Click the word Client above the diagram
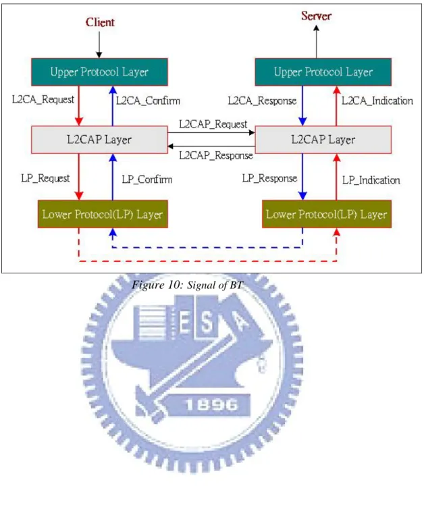100,22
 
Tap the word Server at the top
316,16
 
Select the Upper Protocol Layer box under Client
99,72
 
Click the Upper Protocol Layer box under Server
323,72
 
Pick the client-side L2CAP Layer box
99,140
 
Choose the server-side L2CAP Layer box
323,140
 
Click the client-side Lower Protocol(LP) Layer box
103,214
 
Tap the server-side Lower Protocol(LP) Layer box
327,214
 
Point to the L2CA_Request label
43,100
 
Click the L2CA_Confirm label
148,101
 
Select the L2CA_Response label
262,101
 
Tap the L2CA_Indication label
377,101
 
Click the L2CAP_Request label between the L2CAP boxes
213,124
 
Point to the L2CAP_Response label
216,155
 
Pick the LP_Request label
45,178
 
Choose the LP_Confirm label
147,180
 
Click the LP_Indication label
371,180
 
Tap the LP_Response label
270,178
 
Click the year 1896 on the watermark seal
211,404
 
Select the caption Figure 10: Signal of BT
187,285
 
